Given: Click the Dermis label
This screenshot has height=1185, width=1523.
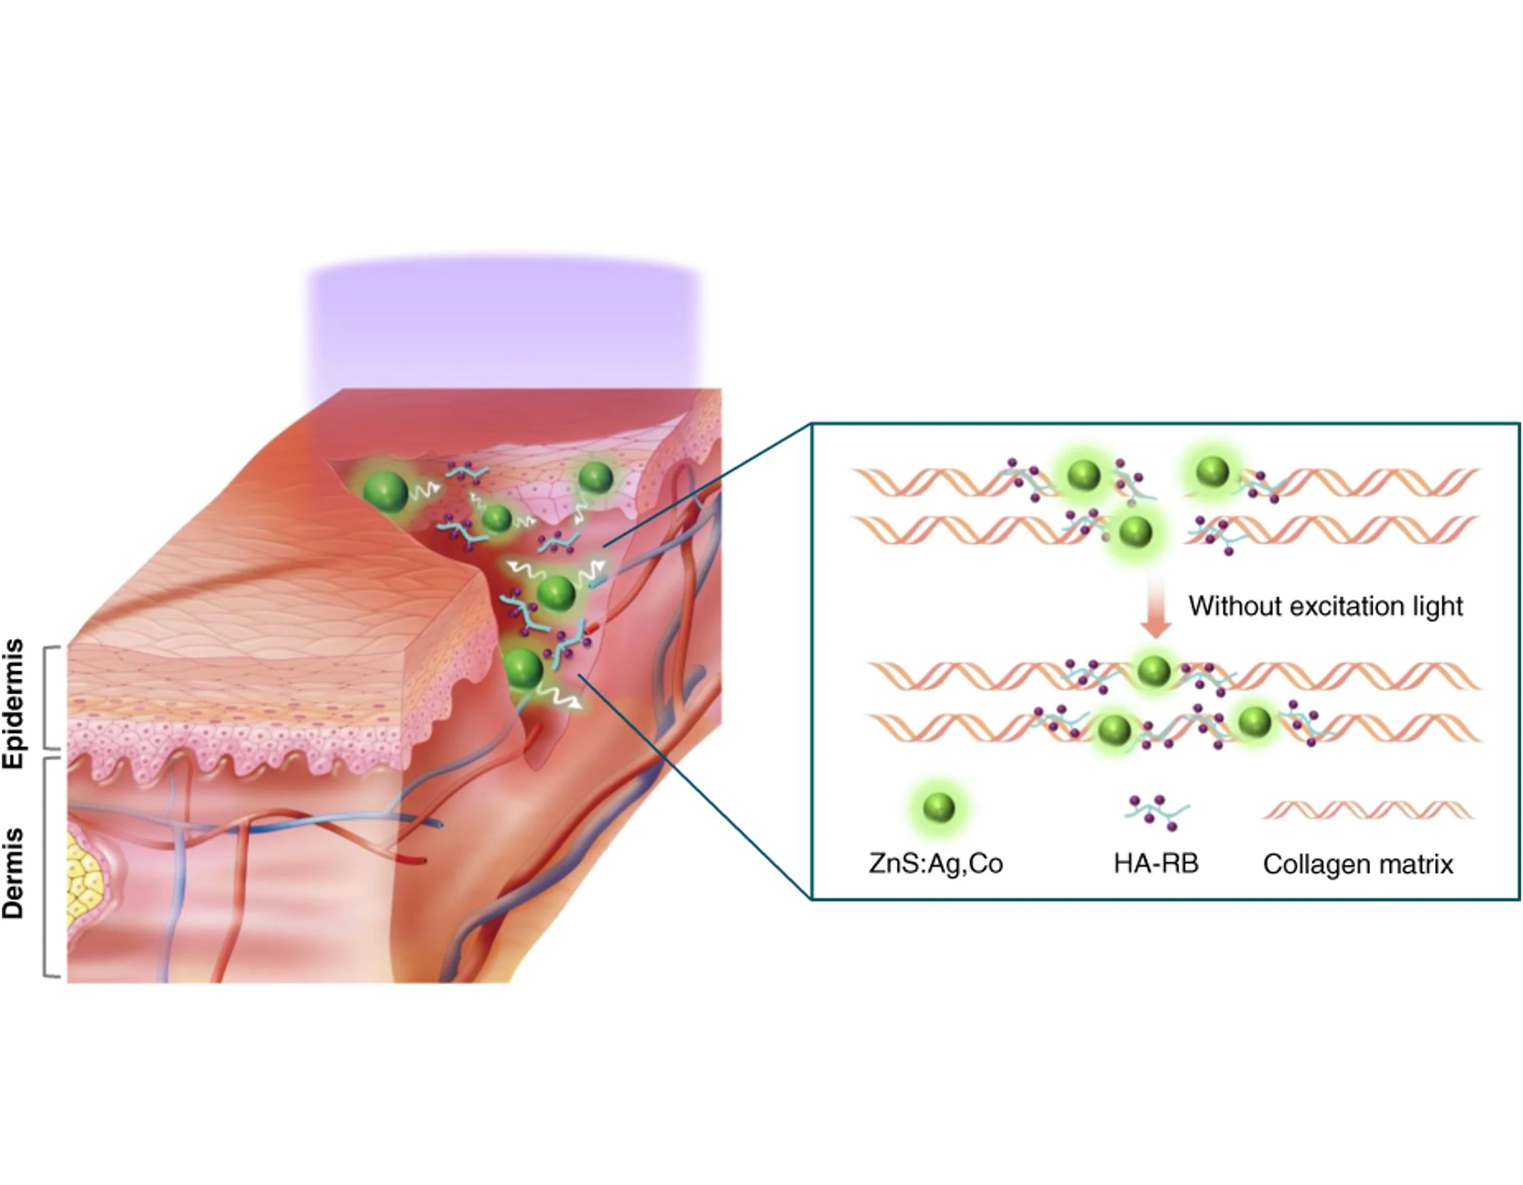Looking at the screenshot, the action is (x=14, y=872).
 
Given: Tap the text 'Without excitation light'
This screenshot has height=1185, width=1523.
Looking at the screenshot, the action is (x=1325, y=606).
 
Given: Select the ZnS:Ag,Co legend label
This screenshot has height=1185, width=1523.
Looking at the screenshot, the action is (x=935, y=863).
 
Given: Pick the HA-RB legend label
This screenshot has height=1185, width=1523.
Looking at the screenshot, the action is (x=1156, y=863).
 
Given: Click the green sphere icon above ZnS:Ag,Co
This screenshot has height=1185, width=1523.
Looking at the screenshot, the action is (x=938, y=808).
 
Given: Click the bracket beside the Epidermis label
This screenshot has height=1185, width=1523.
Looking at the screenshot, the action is (x=49, y=698).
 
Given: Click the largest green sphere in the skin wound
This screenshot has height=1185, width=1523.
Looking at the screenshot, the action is (x=386, y=491).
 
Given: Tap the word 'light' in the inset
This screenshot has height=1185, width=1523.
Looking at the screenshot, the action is (x=1437, y=606).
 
